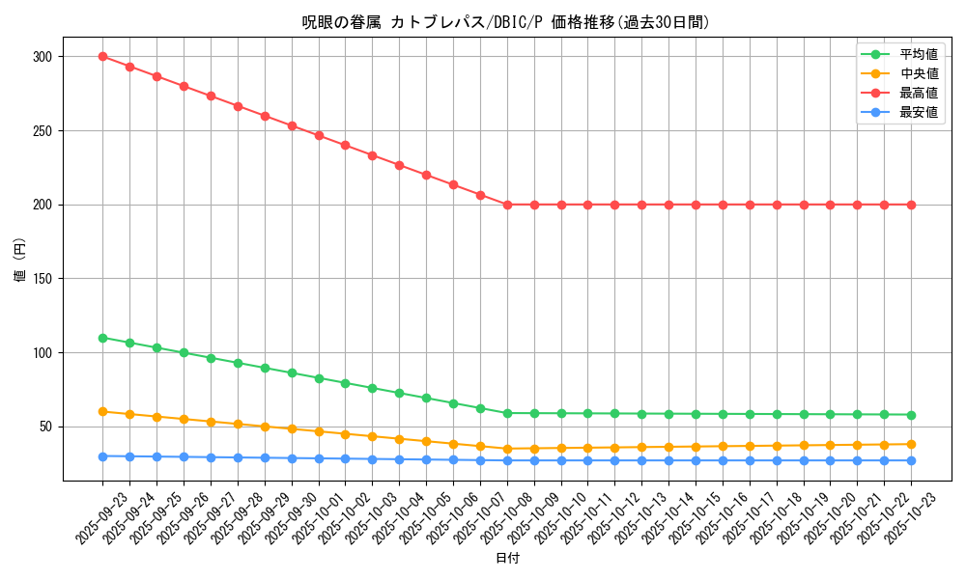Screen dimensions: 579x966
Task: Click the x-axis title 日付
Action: (506, 559)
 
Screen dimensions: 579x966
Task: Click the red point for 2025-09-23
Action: (102, 57)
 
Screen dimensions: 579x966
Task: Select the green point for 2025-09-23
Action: (102, 338)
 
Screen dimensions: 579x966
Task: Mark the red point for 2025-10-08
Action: (507, 205)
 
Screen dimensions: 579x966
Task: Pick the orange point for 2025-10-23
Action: (911, 444)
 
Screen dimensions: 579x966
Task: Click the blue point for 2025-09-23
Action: (102, 456)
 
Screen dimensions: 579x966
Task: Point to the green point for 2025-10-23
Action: (911, 415)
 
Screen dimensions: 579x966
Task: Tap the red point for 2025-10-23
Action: (911, 205)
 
